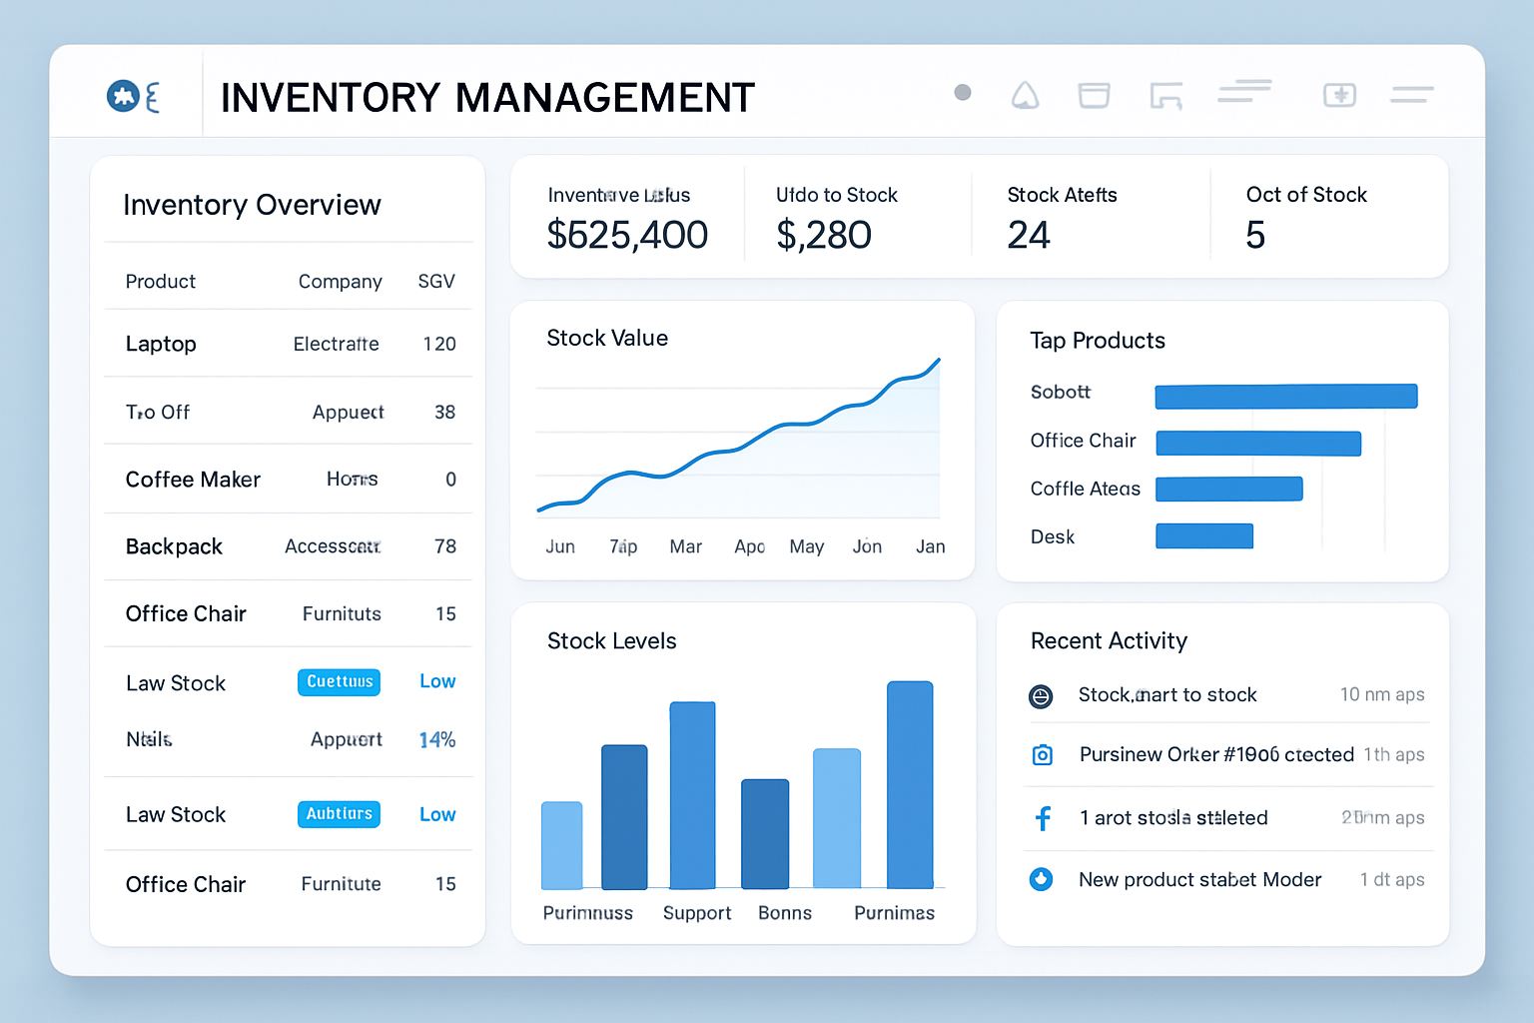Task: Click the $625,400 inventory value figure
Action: [627, 236]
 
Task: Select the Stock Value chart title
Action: [607, 339]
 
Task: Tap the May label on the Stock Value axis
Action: [806, 546]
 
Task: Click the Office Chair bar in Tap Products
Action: [1258, 444]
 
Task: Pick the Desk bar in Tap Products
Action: [1203, 536]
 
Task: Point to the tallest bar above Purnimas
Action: [910, 784]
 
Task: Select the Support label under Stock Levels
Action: [697, 913]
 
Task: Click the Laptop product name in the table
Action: [161, 344]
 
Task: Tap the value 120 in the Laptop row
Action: [439, 344]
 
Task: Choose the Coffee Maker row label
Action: [193, 480]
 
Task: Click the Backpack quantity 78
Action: [445, 546]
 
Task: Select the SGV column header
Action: [436, 282]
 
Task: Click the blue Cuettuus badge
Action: [340, 681]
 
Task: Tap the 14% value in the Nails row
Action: [437, 740]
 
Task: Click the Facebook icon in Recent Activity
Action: [1043, 819]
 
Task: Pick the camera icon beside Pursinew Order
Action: [1042, 755]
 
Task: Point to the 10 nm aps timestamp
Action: [1382, 694]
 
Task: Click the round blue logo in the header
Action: [123, 96]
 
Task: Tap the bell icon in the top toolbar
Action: [1026, 96]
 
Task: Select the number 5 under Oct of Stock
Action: [1255, 236]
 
